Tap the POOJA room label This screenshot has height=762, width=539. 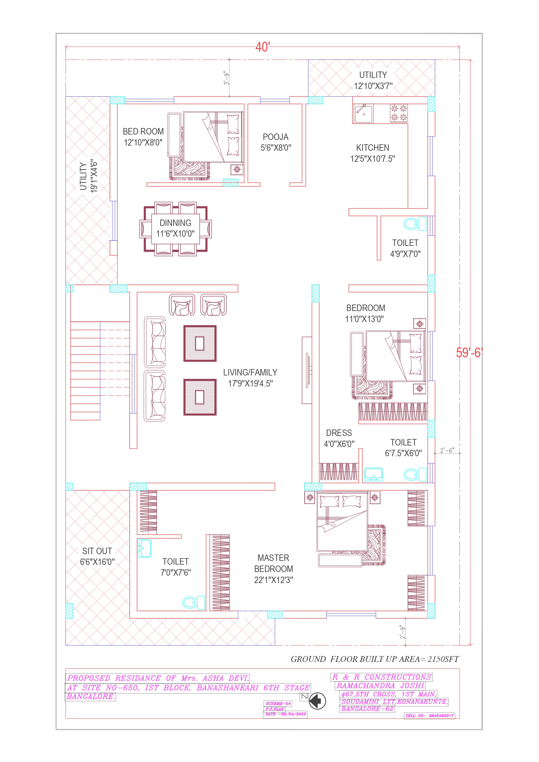[276, 142]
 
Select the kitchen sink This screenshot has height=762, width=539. [363, 114]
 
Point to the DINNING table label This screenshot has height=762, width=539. [175, 228]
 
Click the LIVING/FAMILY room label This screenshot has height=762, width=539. [250, 378]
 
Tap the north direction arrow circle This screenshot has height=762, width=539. [317, 701]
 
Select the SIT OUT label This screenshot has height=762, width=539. [97, 557]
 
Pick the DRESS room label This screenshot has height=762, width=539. [339, 438]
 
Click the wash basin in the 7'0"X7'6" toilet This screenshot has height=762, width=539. [144, 548]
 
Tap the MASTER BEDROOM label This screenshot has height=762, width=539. [273, 569]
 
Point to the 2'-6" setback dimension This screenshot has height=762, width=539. [447, 450]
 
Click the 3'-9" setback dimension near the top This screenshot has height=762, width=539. [226, 78]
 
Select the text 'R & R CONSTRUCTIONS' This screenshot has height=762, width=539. [381, 677]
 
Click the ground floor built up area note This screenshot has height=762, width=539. [375, 659]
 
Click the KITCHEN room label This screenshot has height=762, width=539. [373, 153]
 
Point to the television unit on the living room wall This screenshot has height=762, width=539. [307, 370]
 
